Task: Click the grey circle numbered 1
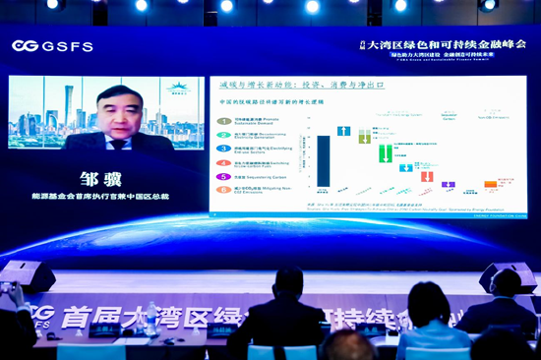pos(225,121)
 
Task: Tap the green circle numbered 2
pos(225,135)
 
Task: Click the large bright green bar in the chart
pos(386,153)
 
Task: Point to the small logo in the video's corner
pos(180,89)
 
